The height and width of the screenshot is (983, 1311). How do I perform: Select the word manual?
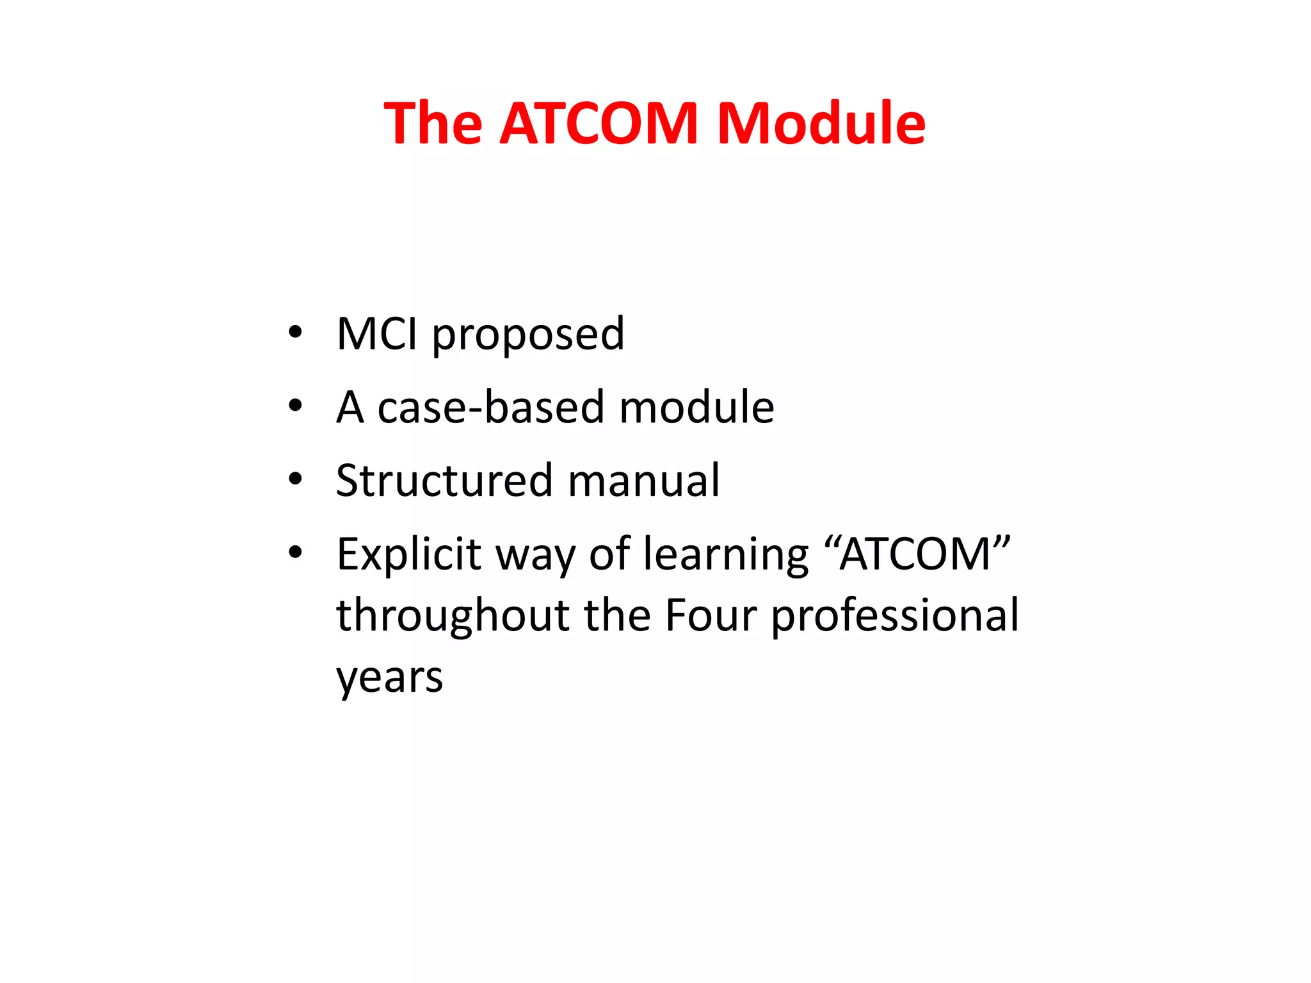(x=643, y=480)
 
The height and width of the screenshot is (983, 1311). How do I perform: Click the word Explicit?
(x=408, y=554)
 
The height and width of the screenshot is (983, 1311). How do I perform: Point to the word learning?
(x=726, y=554)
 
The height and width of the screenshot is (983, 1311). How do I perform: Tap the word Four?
(x=711, y=616)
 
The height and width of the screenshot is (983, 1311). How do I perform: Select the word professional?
(x=895, y=616)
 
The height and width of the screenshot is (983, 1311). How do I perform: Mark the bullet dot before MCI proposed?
(x=294, y=332)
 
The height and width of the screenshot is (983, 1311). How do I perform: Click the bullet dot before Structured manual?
(x=294, y=479)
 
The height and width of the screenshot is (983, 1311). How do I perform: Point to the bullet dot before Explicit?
(x=294, y=552)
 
